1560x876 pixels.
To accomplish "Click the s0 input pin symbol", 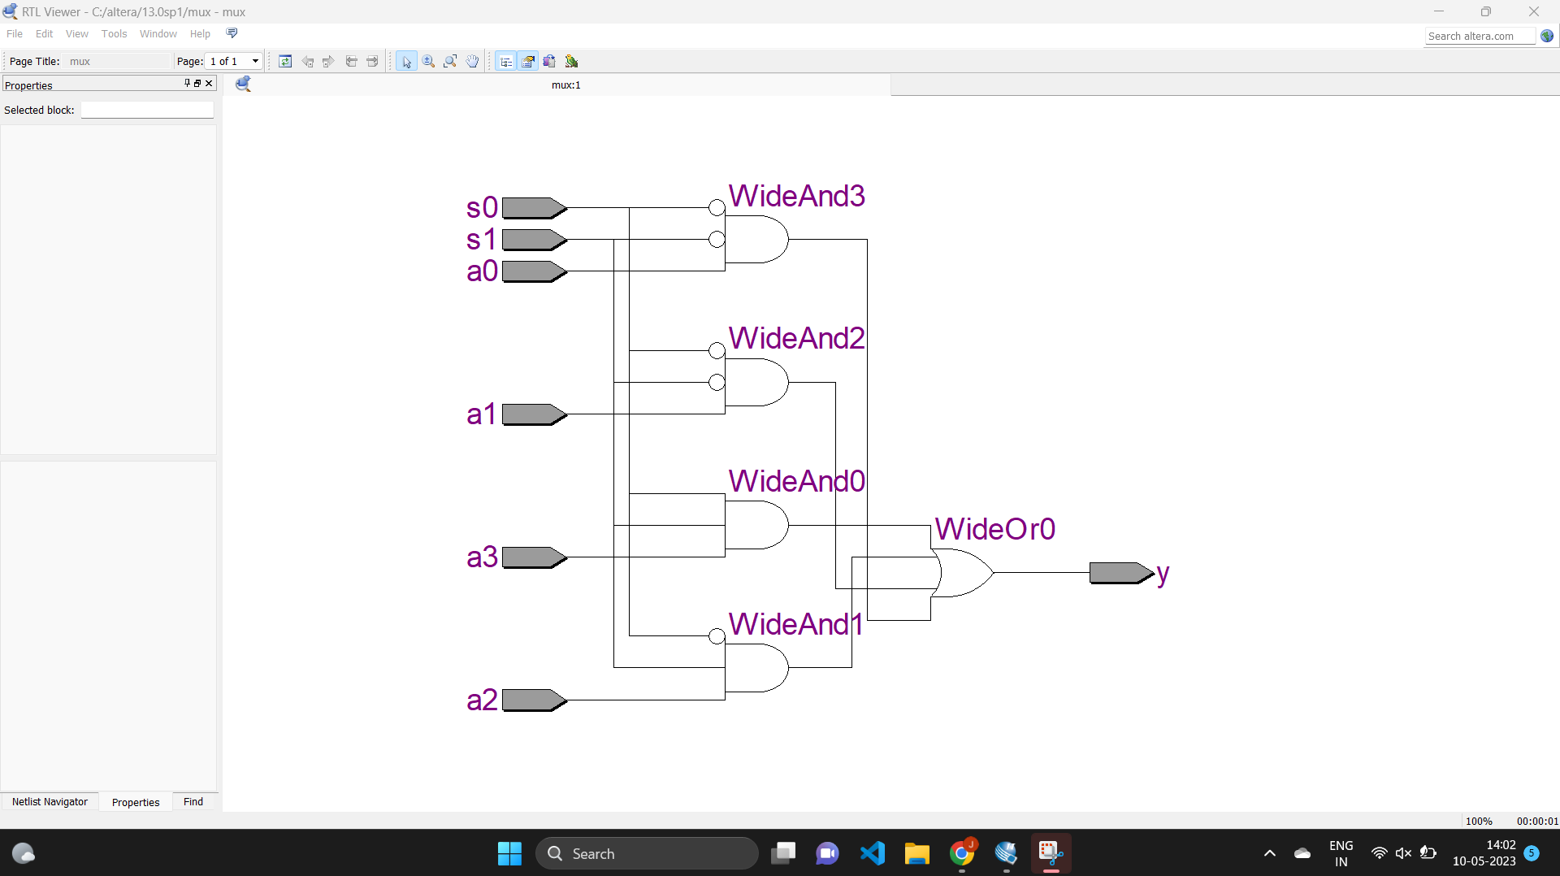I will tap(533, 208).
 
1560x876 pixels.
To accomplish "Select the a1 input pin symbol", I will tap(533, 414).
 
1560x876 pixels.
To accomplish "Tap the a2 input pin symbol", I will tap(533, 700).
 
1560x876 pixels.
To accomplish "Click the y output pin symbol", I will tap(1120, 573).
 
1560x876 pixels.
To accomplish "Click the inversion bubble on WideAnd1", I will tap(717, 636).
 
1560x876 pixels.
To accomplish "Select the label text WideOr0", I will tap(994, 529).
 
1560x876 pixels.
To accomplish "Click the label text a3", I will tap(481, 557).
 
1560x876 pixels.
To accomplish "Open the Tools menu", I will tap(114, 34).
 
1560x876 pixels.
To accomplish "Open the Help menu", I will tap(200, 34).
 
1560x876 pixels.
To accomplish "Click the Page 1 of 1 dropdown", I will tap(234, 61).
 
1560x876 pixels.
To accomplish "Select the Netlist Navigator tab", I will tap(50, 802).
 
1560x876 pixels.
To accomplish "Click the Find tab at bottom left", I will tap(193, 802).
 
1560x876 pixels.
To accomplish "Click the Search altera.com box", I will tap(1479, 36).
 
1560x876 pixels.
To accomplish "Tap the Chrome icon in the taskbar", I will tap(962, 853).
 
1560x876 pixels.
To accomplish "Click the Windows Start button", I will tap(509, 853).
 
